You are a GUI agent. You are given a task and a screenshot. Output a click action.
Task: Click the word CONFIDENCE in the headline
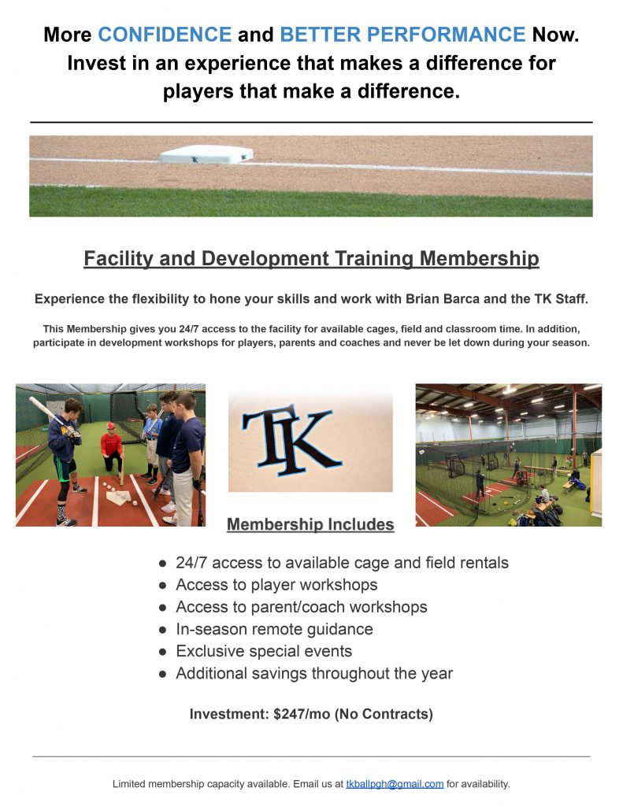pyautogui.click(x=165, y=35)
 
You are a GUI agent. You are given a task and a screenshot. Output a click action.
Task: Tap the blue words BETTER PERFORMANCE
pyautogui.click(x=402, y=35)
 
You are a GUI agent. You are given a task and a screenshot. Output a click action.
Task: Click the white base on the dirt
pyautogui.click(x=206, y=154)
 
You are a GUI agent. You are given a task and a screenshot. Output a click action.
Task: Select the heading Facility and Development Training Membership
pyautogui.click(x=311, y=258)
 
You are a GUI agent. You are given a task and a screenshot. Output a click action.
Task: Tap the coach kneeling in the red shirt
pyautogui.click(x=112, y=446)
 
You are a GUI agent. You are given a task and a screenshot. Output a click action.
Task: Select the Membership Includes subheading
pyautogui.click(x=310, y=524)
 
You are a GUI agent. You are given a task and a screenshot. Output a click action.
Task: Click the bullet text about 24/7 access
pyautogui.click(x=342, y=563)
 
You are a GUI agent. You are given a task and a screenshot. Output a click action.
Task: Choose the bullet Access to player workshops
pyautogui.click(x=276, y=585)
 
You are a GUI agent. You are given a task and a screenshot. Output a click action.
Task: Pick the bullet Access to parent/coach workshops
pyautogui.click(x=302, y=607)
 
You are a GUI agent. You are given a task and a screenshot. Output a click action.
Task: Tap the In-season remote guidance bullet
pyautogui.click(x=274, y=629)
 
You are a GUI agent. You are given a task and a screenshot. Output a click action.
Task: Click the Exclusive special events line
pyautogui.click(x=264, y=651)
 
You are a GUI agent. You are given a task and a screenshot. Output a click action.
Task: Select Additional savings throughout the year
pyautogui.click(x=314, y=674)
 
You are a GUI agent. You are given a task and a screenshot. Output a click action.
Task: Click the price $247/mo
pyautogui.click(x=302, y=714)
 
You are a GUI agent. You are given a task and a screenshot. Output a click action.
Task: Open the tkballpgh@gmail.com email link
pyautogui.click(x=395, y=784)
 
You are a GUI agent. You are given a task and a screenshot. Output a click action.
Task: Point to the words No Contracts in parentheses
pyautogui.click(x=384, y=714)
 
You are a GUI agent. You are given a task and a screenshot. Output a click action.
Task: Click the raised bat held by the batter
pyautogui.click(x=47, y=411)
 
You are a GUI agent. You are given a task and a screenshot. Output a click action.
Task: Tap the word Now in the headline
pyautogui.click(x=555, y=35)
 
